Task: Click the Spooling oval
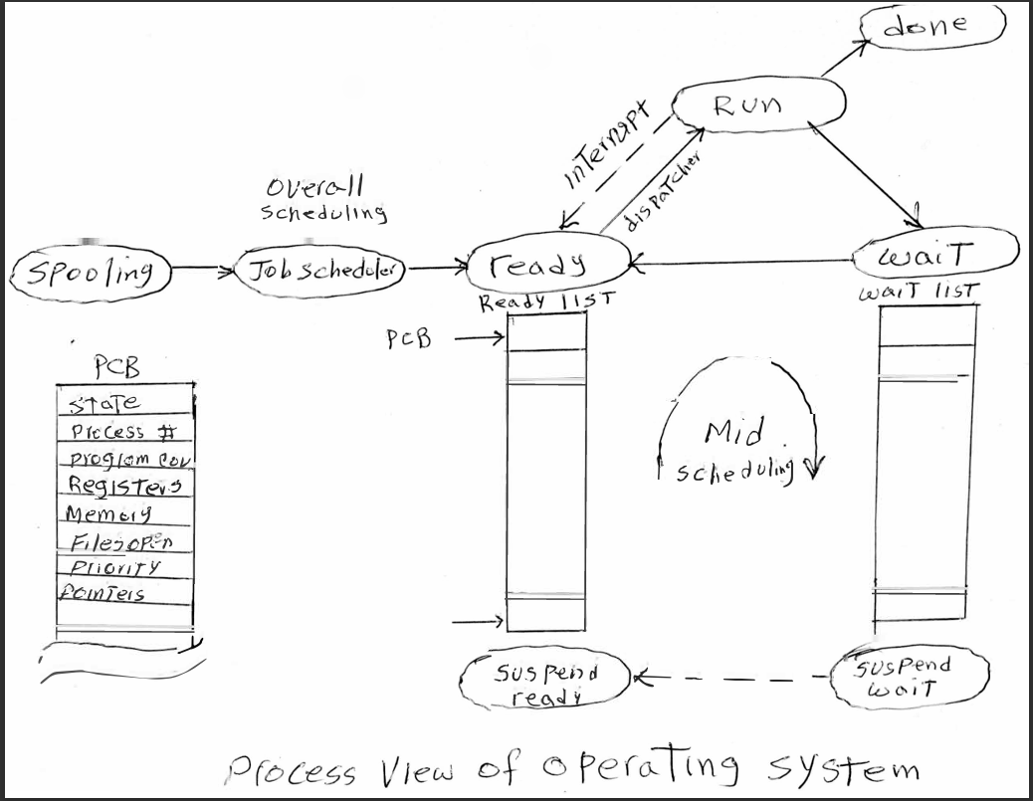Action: coord(90,271)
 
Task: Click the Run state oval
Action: coord(758,103)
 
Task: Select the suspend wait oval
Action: coord(908,676)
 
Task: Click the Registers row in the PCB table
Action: coord(124,485)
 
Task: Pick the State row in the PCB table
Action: coord(104,403)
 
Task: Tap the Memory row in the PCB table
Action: coord(109,513)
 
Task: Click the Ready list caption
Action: coord(546,301)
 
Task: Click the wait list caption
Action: coord(918,294)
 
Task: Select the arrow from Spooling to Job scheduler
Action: coord(203,269)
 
